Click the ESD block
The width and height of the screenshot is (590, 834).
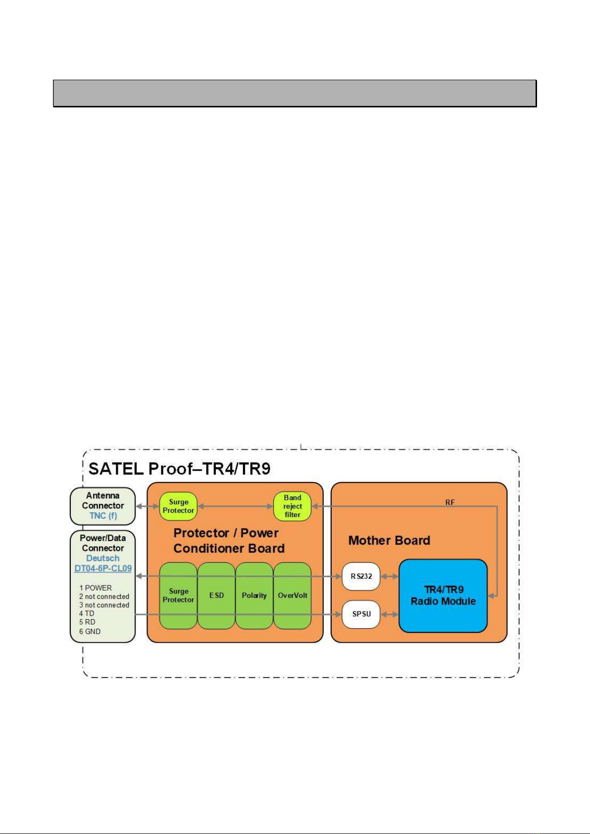pyautogui.click(x=216, y=595)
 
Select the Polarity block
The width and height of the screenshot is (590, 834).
pyautogui.click(x=254, y=595)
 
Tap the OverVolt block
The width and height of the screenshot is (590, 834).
pyautogui.click(x=292, y=595)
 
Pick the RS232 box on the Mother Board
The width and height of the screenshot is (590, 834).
pyautogui.click(x=361, y=576)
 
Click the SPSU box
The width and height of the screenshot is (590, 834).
pyautogui.click(x=361, y=614)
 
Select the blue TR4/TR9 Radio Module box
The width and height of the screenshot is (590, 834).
pyautogui.click(x=443, y=595)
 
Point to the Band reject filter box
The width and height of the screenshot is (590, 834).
pyautogui.click(x=292, y=506)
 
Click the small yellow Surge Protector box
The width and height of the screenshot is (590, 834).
pyautogui.click(x=178, y=506)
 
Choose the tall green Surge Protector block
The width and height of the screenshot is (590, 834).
pyautogui.click(x=178, y=595)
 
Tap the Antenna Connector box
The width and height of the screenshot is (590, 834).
pyautogui.click(x=103, y=501)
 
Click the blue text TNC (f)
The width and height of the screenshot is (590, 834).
pyautogui.click(x=103, y=516)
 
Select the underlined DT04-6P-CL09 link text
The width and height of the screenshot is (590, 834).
pyautogui.click(x=103, y=568)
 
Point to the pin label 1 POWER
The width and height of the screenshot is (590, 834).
pyautogui.click(x=96, y=588)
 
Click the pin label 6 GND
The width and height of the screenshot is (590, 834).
pyautogui.click(x=90, y=632)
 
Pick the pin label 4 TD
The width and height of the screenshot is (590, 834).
pyautogui.click(x=87, y=614)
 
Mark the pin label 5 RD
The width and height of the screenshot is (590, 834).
pyautogui.click(x=88, y=622)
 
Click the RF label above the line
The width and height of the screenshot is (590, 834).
pyautogui.click(x=449, y=502)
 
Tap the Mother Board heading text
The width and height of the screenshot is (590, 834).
pyautogui.click(x=389, y=540)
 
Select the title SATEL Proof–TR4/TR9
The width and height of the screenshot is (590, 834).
pyautogui.click(x=179, y=468)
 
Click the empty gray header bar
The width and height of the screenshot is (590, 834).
pyautogui.click(x=295, y=93)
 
